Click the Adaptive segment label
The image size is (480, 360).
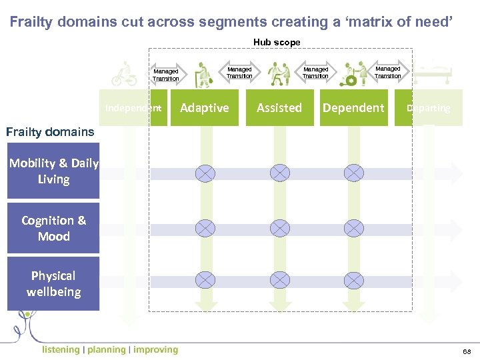205,108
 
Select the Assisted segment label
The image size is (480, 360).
279,108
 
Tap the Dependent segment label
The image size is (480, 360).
353,108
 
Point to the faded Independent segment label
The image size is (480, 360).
133,108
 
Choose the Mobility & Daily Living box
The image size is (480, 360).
53,171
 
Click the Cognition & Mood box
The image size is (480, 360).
53,228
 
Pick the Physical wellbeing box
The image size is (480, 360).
53,284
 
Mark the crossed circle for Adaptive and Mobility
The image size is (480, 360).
205,173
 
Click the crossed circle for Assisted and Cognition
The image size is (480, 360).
280,229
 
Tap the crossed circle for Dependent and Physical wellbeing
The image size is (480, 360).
354,283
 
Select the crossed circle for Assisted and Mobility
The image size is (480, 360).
280,173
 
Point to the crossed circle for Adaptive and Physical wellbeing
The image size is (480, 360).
205,283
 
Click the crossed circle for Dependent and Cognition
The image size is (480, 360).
354,229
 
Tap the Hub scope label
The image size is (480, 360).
277,42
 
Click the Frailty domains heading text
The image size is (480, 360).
50,131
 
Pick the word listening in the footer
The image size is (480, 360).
60,349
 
